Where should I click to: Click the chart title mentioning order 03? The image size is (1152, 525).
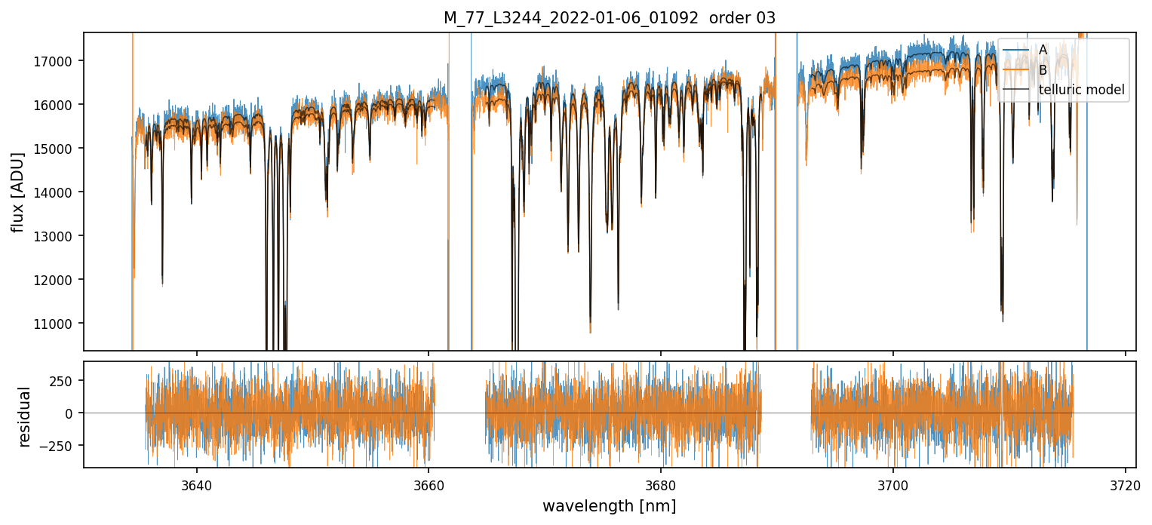coord(609,18)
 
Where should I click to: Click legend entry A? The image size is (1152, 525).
coord(1043,50)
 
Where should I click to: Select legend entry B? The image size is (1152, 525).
coord(1043,70)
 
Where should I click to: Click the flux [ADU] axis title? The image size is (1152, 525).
coord(17,192)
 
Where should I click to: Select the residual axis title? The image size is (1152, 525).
coord(24,416)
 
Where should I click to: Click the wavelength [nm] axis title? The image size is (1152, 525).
coord(609,505)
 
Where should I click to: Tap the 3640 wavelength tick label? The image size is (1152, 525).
coord(196,484)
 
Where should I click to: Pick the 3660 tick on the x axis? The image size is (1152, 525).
coord(429,484)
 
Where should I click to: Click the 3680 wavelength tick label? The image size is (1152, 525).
coord(661,484)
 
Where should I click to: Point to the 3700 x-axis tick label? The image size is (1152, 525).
coord(893,484)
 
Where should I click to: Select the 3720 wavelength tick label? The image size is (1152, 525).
coord(1125,484)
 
